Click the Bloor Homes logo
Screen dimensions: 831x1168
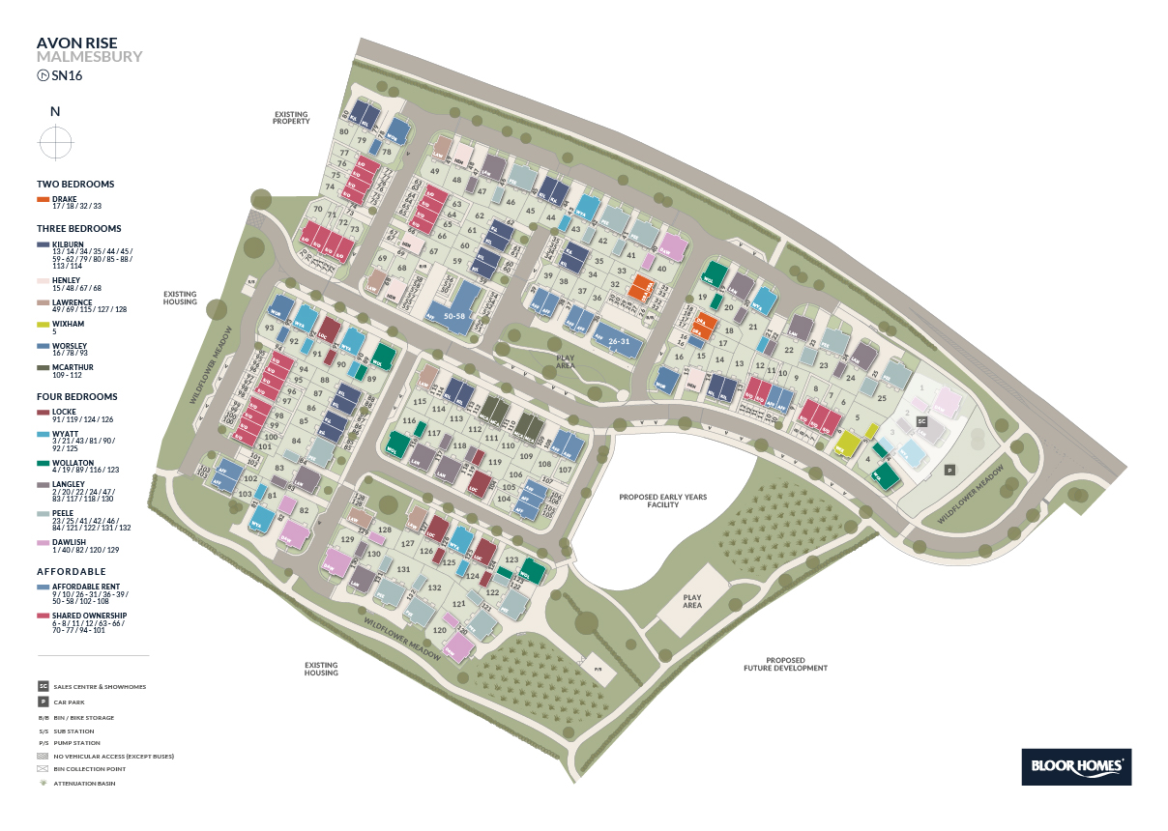click(x=1076, y=766)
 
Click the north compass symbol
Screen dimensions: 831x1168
click(x=56, y=144)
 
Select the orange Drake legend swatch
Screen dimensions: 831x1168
click(x=44, y=199)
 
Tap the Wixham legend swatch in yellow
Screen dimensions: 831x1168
click(x=44, y=325)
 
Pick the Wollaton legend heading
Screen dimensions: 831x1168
click(x=73, y=463)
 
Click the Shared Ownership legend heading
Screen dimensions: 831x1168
click(x=90, y=615)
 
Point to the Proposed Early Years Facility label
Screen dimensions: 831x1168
click(x=663, y=501)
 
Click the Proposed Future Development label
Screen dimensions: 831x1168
click(x=786, y=664)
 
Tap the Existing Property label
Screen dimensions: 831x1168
click(x=291, y=118)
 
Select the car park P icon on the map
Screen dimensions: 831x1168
click(x=949, y=470)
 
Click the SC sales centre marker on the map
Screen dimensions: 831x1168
click(x=921, y=422)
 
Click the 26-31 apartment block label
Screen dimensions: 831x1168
click(x=619, y=341)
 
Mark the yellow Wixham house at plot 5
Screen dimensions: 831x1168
click(x=848, y=443)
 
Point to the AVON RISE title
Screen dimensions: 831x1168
click(x=76, y=43)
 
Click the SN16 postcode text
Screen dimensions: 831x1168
click(x=69, y=74)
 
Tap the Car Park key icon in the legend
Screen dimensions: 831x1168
click(x=43, y=702)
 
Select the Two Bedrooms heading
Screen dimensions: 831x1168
click(x=75, y=184)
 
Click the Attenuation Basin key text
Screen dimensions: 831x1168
click(x=85, y=783)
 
